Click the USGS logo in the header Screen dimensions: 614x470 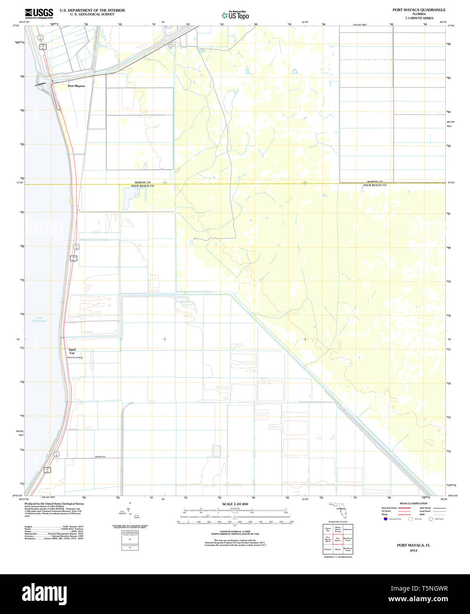click(39, 14)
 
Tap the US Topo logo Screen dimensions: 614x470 click(235, 15)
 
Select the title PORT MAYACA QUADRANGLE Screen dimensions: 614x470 click(419, 10)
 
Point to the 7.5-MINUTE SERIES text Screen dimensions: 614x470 click(419, 18)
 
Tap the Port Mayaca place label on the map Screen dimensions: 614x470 click(76, 86)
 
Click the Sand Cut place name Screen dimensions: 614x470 click(72, 351)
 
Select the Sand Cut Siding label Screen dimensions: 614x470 click(75, 357)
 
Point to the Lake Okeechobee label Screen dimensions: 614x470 click(41, 319)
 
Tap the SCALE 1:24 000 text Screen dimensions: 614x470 click(235, 504)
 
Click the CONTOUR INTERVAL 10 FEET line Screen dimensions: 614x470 click(235, 531)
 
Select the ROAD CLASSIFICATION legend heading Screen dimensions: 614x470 click(413, 504)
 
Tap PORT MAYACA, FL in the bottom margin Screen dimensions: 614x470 click(413, 545)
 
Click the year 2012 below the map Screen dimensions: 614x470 click(413, 550)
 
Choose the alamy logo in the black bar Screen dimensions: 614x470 click(44, 594)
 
